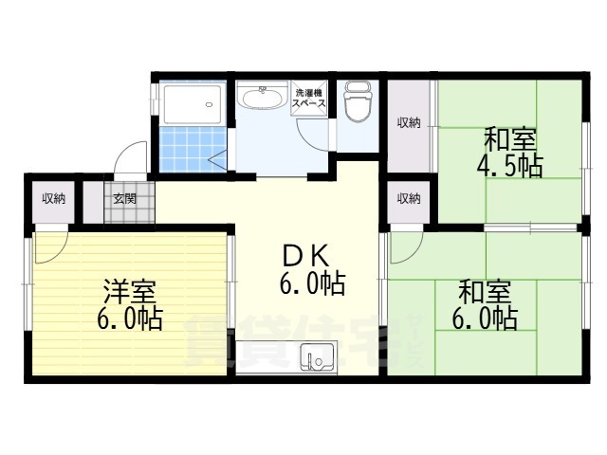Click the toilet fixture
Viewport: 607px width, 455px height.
click(x=358, y=101)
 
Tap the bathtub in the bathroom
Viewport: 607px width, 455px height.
click(x=192, y=103)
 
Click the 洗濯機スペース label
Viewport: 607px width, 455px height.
click(x=309, y=99)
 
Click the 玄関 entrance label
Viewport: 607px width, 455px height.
click(x=124, y=199)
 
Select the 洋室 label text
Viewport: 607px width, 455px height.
click(x=129, y=292)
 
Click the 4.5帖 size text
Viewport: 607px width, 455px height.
click(x=509, y=166)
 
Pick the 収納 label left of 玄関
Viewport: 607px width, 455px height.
click(x=53, y=199)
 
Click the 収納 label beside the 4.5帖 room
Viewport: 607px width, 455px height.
click(x=409, y=123)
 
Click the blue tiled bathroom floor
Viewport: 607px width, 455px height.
click(x=193, y=148)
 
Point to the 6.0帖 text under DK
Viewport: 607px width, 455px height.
click(x=312, y=284)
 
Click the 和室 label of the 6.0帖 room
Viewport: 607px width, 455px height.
click(x=485, y=292)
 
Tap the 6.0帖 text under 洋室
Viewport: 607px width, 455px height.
click(x=129, y=318)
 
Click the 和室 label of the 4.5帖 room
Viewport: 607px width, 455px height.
click(x=510, y=141)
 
